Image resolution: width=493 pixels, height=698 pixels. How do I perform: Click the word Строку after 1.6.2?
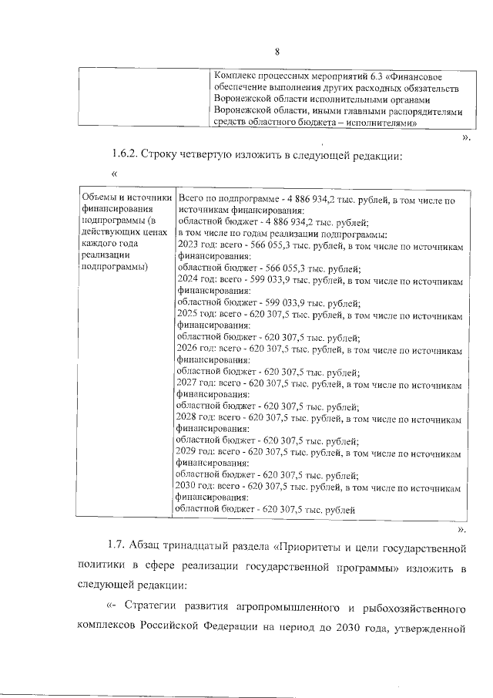[173, 157]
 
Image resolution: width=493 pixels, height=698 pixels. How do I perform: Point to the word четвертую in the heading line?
[233, 157]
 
